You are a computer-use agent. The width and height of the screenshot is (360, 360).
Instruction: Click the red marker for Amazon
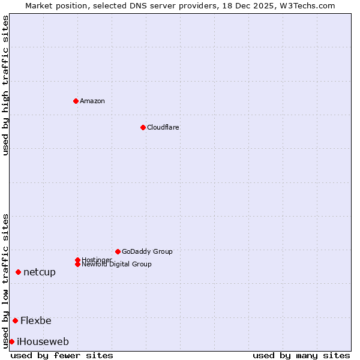[76, 101]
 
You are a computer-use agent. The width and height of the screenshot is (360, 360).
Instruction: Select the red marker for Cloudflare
[143, 127]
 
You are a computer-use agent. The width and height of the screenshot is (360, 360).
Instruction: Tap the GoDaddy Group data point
[118, 251]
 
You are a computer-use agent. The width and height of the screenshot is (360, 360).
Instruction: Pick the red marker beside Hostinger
[77, 260]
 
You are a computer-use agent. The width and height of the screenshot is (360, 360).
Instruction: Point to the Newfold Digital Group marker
[77, 264]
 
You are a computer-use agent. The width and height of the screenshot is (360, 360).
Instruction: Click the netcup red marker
[18, 272]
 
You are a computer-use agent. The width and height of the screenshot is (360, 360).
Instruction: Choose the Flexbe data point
[15, 320]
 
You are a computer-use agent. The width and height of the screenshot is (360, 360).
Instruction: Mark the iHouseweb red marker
[11, 341]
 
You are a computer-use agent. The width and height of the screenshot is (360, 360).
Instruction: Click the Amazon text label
[92, 101]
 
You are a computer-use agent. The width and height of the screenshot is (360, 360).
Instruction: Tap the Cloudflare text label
[163, 127]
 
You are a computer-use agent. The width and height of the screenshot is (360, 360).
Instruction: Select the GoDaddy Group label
[147, 251]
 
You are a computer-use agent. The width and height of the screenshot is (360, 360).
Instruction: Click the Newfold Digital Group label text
[117, 265]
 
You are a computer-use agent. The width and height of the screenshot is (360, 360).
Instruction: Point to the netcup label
[40, 272]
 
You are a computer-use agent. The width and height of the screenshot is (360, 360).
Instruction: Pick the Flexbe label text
[36, 320]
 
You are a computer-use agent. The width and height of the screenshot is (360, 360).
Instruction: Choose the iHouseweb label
[43, 341]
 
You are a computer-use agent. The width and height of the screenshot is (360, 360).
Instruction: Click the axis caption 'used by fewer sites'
[62, 355]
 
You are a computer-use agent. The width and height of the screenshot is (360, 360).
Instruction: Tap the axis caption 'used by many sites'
[301, 355]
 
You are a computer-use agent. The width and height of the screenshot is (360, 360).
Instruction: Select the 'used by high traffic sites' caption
[6, 85]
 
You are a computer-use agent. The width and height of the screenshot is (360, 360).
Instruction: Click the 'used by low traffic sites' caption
[6, 280]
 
